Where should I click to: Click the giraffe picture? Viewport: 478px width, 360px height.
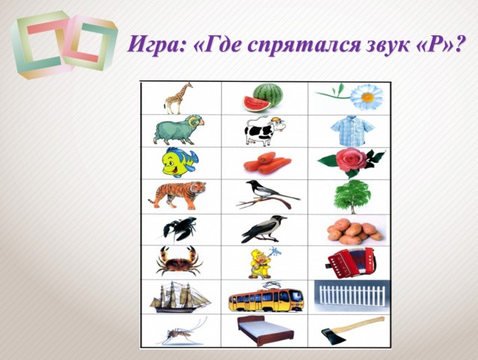177,98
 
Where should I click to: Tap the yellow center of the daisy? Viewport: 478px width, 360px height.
368,97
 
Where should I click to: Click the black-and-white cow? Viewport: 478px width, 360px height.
264,131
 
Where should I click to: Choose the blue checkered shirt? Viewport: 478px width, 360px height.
352,131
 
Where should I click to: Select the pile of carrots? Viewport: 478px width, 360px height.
267,163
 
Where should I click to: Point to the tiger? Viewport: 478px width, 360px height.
178,195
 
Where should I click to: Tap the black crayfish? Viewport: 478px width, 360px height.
179,229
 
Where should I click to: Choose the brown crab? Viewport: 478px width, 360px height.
179,261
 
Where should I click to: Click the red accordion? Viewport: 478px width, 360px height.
351,262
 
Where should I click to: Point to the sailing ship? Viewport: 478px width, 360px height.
180,296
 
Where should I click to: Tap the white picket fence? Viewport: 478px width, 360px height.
352,295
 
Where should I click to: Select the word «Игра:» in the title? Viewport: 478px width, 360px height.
157,44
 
